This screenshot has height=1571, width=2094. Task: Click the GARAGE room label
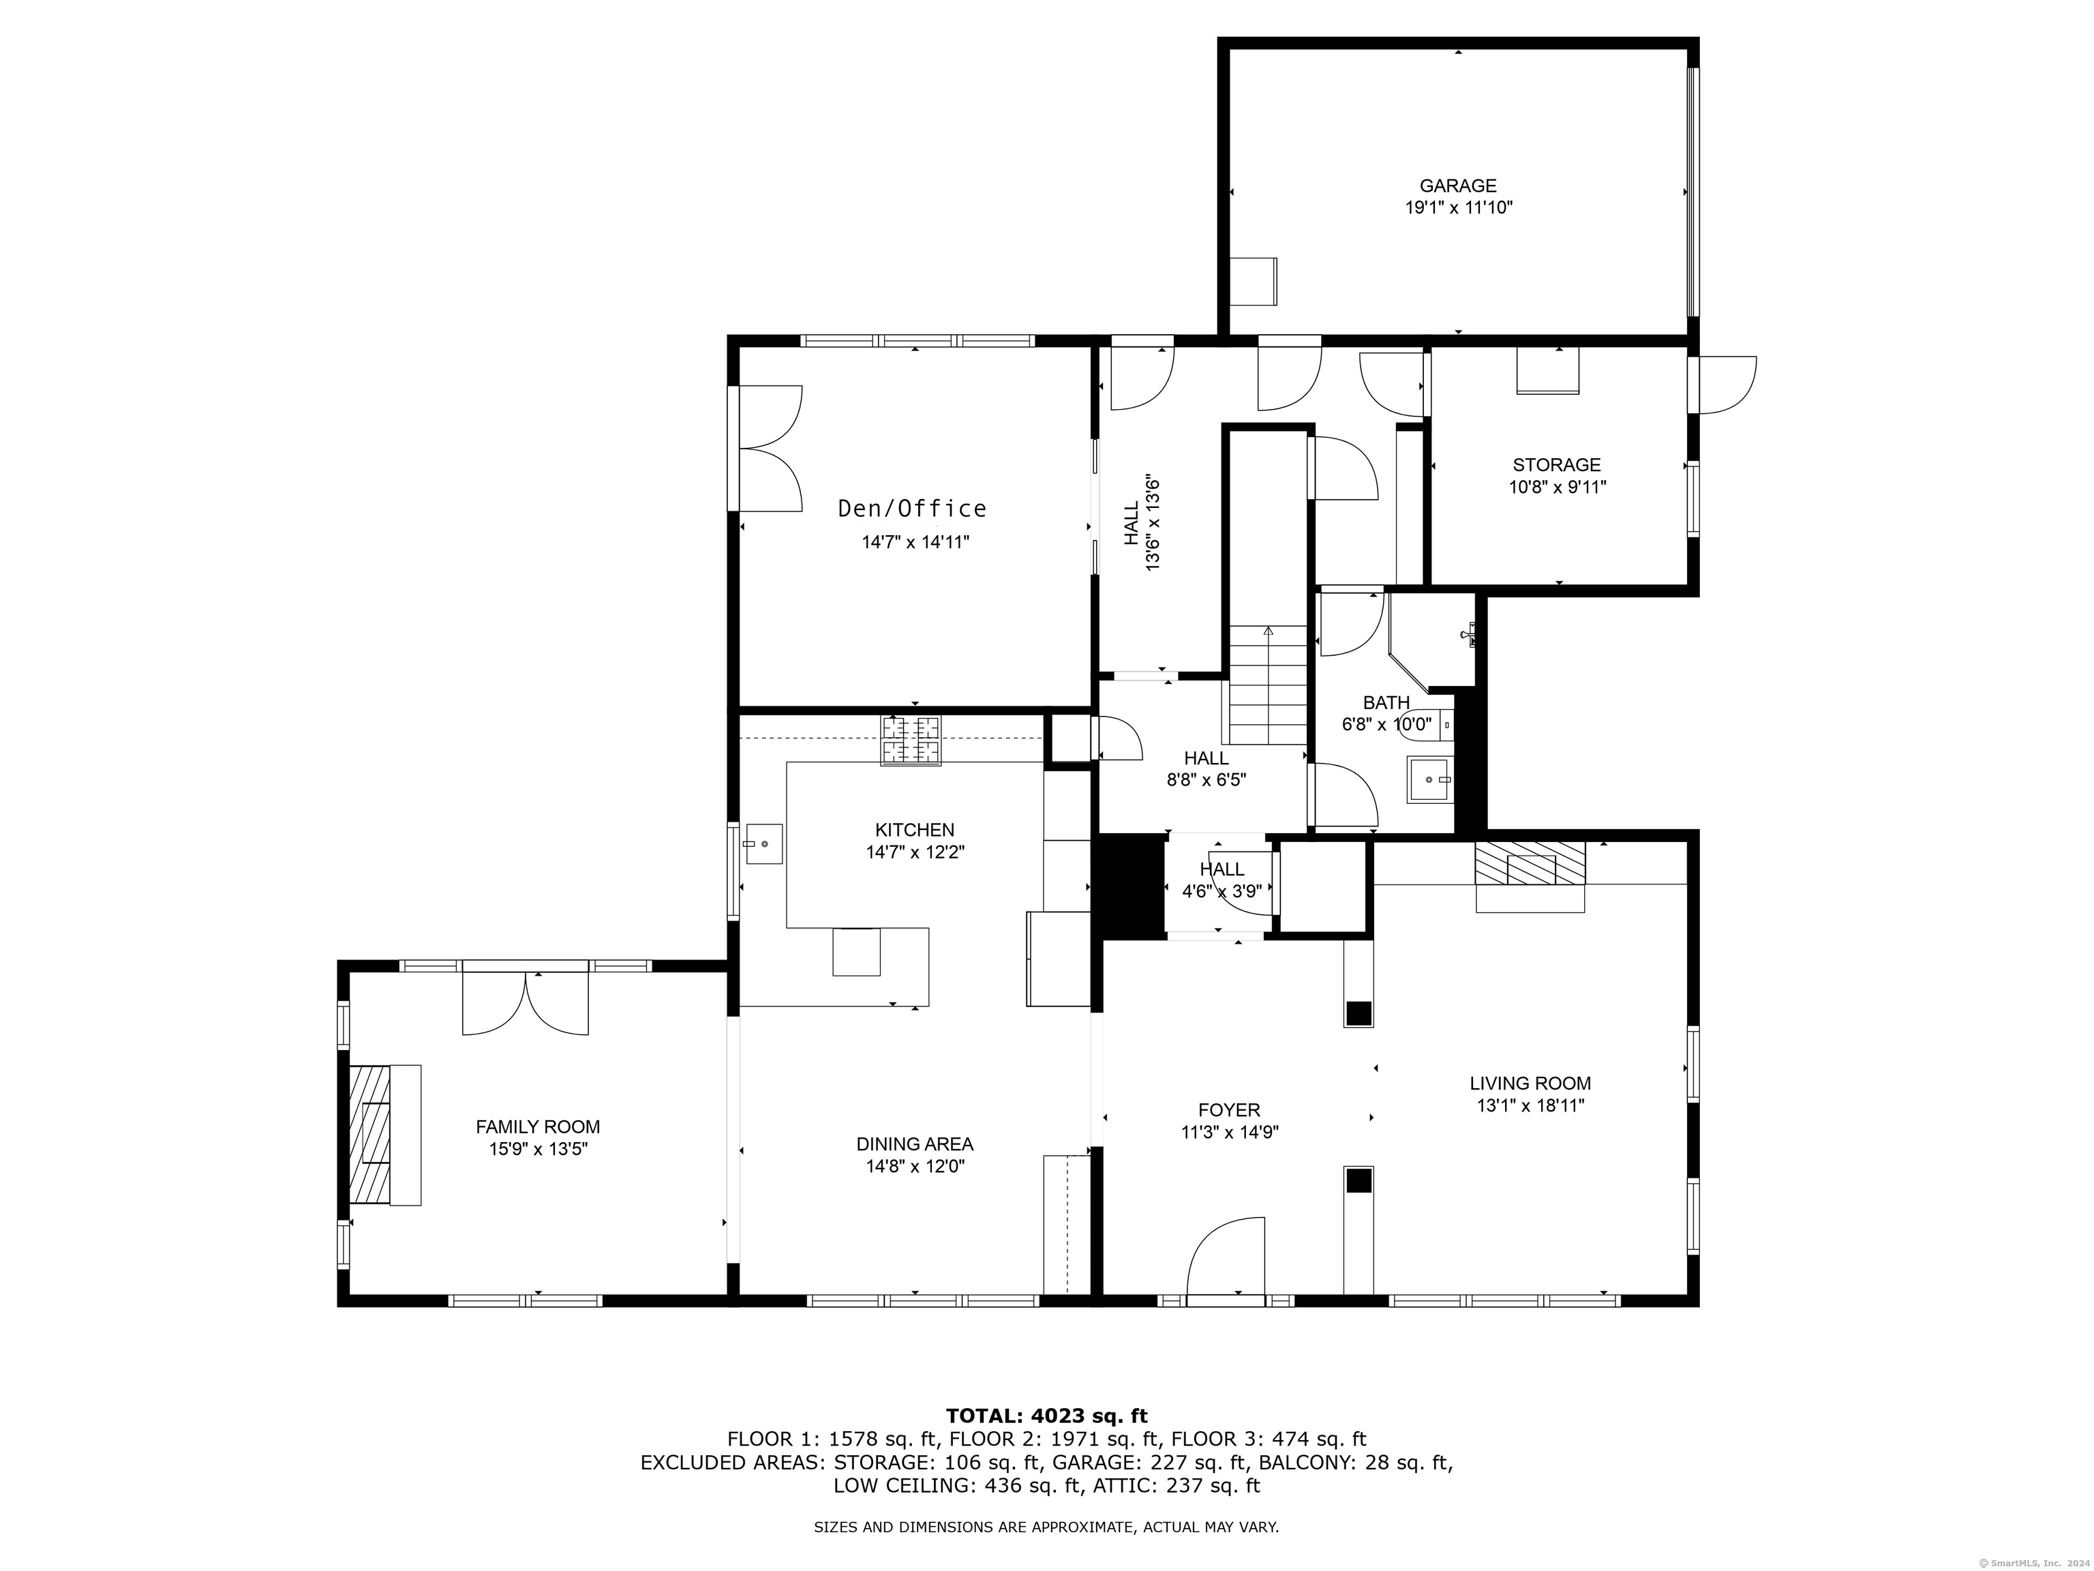click(1458, 185)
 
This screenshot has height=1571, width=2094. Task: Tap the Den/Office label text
click(913, 509)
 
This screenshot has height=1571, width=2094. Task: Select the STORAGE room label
click(1556, 465)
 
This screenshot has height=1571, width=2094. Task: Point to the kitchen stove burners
click(911, 740)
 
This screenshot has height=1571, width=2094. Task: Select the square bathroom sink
click(1429, 779)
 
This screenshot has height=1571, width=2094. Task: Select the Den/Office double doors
click(770, 448)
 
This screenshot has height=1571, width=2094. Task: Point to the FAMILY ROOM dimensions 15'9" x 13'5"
click(538, 1149)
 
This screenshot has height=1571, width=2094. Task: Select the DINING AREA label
click(915, 1144)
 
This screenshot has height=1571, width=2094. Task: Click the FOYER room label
click(1229, 1110)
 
